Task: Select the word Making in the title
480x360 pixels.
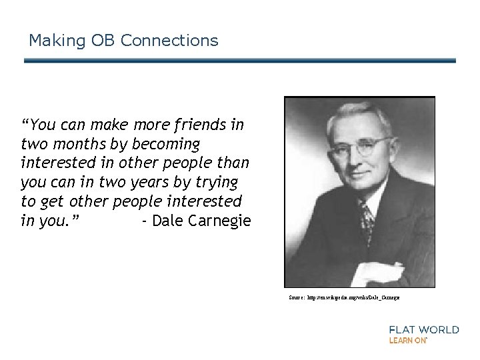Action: pyautogui.click(x=57, y=41)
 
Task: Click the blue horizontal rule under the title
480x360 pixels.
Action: pyautogui.click(x=240, y=61)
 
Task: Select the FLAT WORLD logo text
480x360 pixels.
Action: pyautogui.click(x=423, y=329)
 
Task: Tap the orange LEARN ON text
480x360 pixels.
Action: pyautogui.click(x=407, y=340)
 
